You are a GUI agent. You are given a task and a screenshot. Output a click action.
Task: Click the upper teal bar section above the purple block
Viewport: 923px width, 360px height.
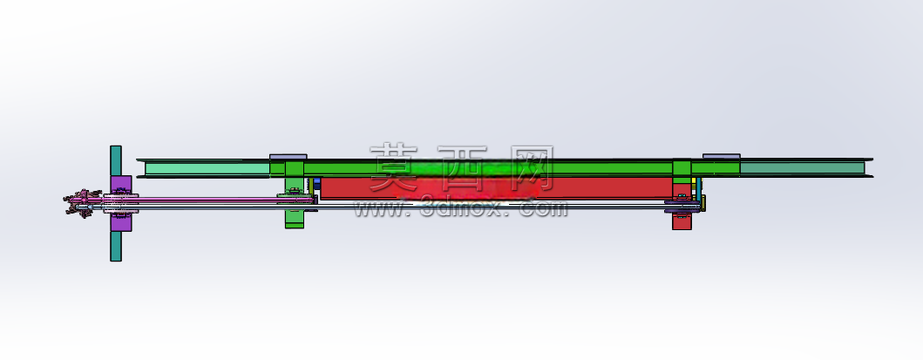(115, 160)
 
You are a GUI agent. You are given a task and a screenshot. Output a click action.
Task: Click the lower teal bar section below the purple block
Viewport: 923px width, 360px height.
(115, 246)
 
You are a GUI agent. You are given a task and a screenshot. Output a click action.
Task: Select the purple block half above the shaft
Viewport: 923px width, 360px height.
(121, 184)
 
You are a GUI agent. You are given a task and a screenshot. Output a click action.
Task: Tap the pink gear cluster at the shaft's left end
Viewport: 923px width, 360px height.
(78, 203)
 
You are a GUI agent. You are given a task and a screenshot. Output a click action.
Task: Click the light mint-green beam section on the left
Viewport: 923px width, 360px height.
(207, 169)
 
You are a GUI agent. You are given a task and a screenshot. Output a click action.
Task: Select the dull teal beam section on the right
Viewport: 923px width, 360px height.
(802, 167)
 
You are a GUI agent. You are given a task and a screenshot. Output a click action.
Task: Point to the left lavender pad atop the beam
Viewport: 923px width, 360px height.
(288, 157)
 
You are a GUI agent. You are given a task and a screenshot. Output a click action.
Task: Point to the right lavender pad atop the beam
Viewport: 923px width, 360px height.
(721, 157)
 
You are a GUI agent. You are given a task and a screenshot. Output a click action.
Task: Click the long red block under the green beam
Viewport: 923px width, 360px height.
(496, 187)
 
